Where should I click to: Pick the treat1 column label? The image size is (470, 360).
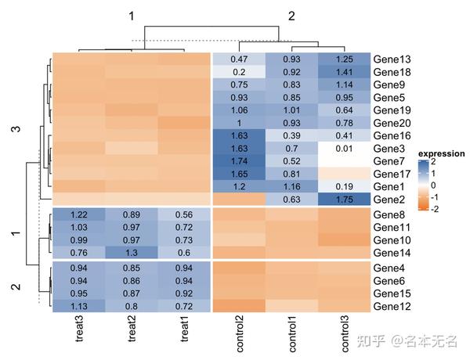[186, 333]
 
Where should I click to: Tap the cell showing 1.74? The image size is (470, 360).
[239, 160]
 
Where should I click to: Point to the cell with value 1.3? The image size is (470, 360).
[132, 253]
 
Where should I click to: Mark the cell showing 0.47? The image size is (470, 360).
[239, 59]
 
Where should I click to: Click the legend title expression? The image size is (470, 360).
[441, 153]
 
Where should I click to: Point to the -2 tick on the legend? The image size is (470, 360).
[436, 209]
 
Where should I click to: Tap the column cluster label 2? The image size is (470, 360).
[291, 16]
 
